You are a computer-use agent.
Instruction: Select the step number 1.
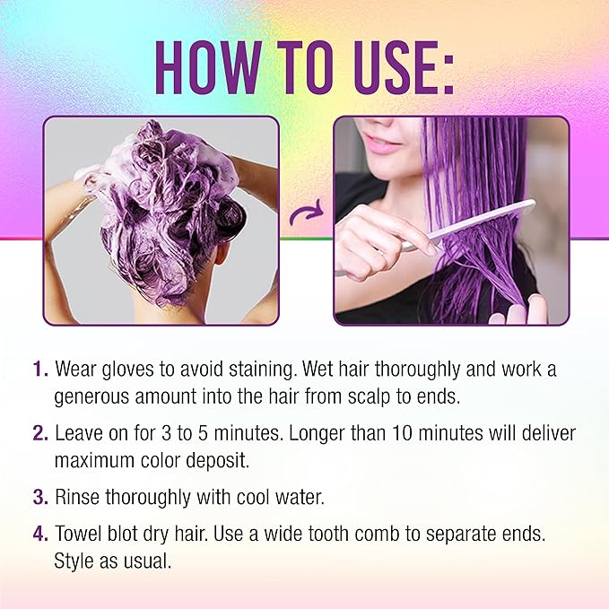tap(39, 370)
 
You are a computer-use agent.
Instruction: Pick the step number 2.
tap(39, 433)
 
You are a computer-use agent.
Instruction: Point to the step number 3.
tap(39, 496)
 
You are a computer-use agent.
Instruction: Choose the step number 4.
tap(39, 535)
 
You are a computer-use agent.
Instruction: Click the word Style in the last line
tap(74, 560)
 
